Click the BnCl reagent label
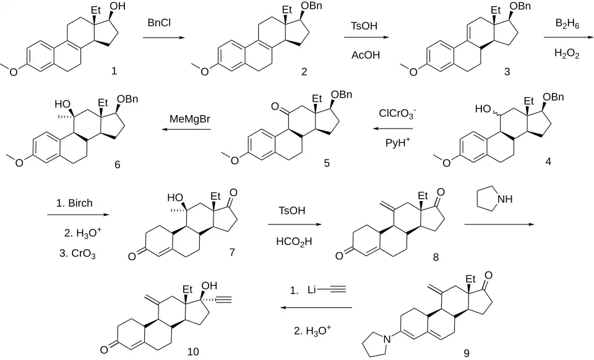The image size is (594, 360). click(x=159, y=23)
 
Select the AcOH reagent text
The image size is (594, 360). click(x=366, y=55)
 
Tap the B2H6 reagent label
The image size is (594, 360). click(x=567, y=24)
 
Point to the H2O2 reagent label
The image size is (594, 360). click(x=567, y=54)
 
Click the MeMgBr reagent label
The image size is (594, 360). click(x=189, y=119)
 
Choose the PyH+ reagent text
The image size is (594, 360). click(x=398, y=142)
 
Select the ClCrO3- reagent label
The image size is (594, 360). click(x=397, y=114)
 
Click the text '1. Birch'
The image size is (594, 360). click(x=74, y=204)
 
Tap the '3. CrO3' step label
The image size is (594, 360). click(x=78, y=254)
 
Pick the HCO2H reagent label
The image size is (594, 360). click(x=294, y=242)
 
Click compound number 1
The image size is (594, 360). click(x=114, y=71)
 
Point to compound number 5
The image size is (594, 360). click(x=327, y=163)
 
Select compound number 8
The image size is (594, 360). click(x=436, y=257)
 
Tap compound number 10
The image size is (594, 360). click(x=193, y=352)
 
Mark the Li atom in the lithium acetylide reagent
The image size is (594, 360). click(x=311, y=290)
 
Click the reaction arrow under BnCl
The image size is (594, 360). click(x=163, y=38)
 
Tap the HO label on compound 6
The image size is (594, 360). click(x=62, y=104)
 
